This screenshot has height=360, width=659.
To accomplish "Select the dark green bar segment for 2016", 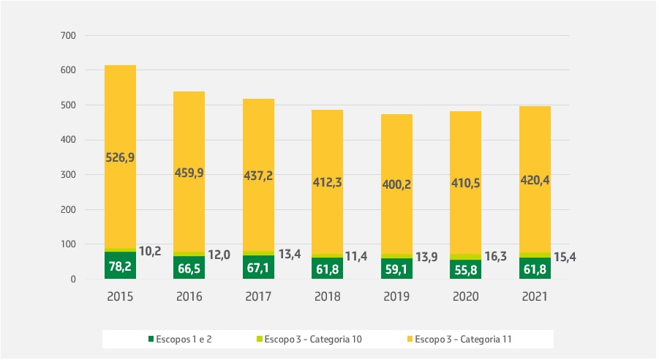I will [x=189, y=268].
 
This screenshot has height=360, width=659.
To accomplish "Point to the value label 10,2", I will [x=150, y=251].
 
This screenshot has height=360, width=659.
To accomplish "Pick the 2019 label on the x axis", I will [x=396, y=298].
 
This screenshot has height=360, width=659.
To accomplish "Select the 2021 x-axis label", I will [x=535, y=298].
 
